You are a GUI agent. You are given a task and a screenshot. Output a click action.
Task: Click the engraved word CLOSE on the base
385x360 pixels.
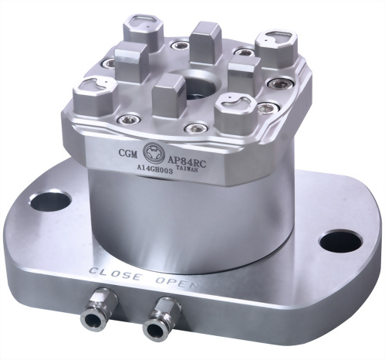pyautogui.click(x=116, y=274)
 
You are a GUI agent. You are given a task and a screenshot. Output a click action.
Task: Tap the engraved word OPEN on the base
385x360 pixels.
pyautogui.click(x=177, y=282)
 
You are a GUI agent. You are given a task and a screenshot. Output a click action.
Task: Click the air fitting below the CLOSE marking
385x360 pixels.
pyautogui.click(x=99, y=309)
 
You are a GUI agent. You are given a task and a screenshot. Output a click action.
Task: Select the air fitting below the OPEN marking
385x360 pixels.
pyautogui.click(x=162, y=318)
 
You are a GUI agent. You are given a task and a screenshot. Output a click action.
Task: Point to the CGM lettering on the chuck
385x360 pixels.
pyautogui.click(x=128, y=153)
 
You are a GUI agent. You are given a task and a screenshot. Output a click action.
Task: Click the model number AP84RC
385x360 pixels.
pyautogui.click(x=187, y=161)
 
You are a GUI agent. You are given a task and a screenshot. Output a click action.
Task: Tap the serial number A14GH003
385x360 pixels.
pyautogui.click(x=154, y=170)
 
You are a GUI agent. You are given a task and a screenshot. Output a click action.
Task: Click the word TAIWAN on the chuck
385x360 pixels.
pyautogui.click(x=187, y=169)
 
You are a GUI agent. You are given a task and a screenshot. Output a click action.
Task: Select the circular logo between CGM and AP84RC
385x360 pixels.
pyautogui.click(x=153, y=153)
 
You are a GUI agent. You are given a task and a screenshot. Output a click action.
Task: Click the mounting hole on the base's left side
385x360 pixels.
pyautogui.click(x=51, y=201)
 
